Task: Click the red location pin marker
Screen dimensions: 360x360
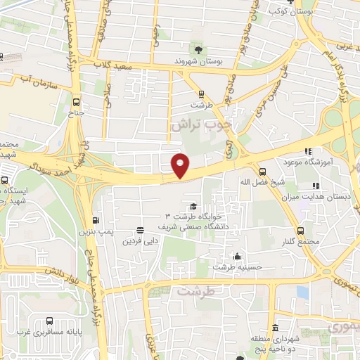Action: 181,165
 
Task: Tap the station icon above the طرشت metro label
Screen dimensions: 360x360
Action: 202,93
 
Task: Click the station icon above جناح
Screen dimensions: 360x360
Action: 76,99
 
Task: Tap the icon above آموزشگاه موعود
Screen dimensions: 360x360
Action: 307,150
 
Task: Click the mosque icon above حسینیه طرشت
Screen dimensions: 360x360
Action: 238,256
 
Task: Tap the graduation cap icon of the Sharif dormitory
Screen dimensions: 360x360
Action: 193,205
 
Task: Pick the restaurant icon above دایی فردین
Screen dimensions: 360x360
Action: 140,230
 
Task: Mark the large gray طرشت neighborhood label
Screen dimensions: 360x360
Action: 195,290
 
